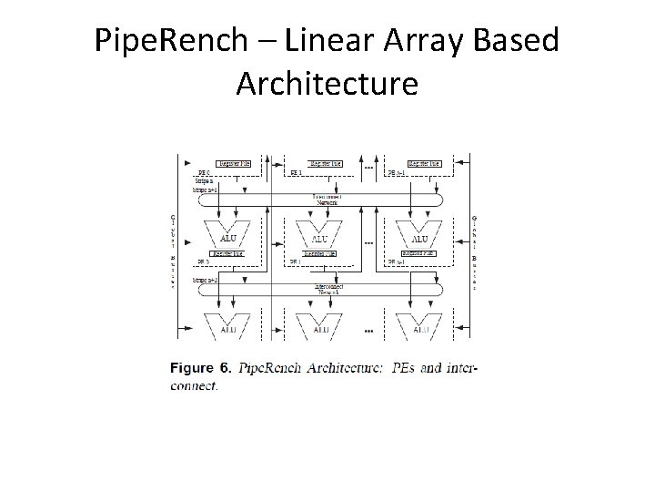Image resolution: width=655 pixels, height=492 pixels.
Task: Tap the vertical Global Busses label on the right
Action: pyautogui.click(x=475, y=251)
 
